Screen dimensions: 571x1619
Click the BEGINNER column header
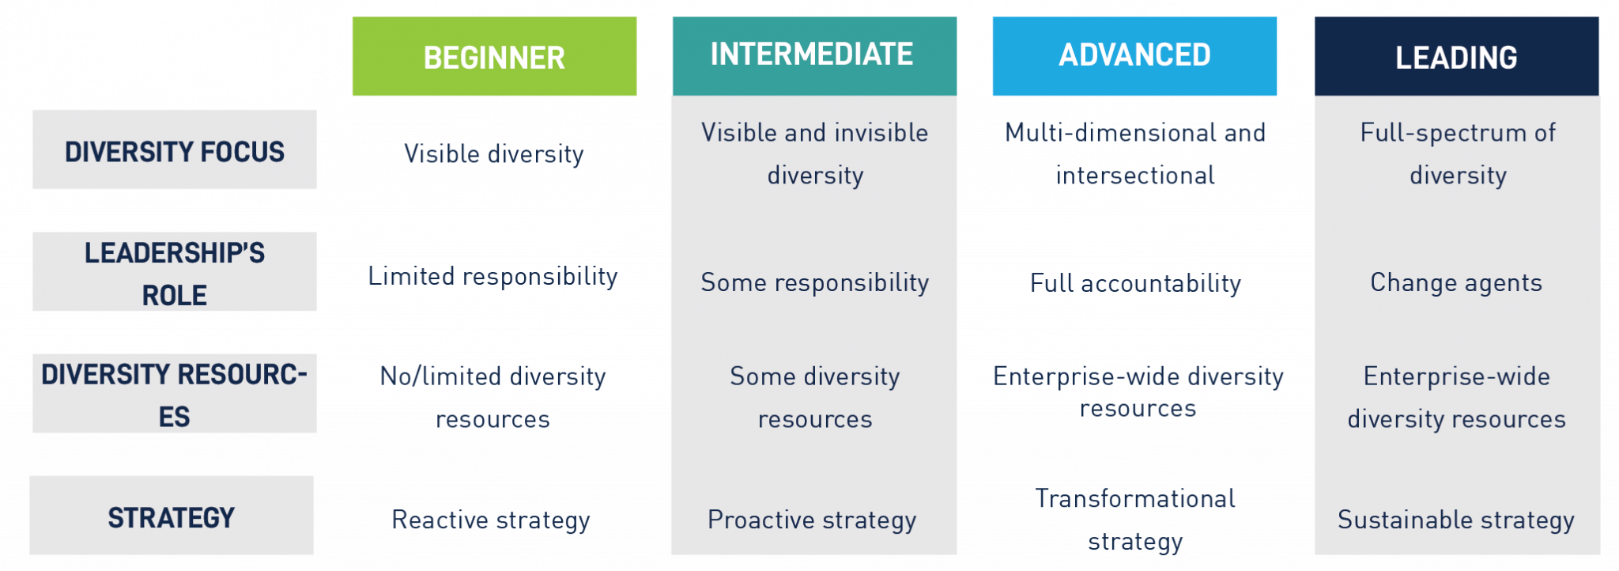pyautogui.click(x=494, y=57)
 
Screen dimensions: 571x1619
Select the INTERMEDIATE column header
pyautogui.click(x=812, y=55)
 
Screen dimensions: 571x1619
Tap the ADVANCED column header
pyautogui.click(x=1134, y=55)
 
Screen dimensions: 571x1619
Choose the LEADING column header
pyautogui.click(x=1456, y=57)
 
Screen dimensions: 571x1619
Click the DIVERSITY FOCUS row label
pyautogui.click(x=174, y=150)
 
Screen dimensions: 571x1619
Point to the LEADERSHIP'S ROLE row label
pyautogui.click(x=174, y=273)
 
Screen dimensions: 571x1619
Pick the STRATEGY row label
pyautogui.click(x=171, y=517)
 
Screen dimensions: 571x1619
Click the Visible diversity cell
pyautogui.click(x=493, y=153)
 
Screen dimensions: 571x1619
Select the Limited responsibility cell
pyautogui.click(x=492, y=277)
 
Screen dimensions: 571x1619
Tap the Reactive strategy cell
pyautogui.click(x=491, y=520)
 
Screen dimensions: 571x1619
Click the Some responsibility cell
pyautogui.click(x=814, y=282)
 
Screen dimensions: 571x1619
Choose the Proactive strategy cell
pyautogui.click(x=812, y=520)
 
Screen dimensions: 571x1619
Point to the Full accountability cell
pyautogui.click(x=1135, y=283)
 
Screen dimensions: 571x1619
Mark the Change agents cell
pyautogui.click(x=1456, y=282)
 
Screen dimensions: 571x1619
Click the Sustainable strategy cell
pyautogui.click(x=1456, y=520)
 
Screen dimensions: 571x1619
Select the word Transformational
pyautogui.click(x=1135, y=498)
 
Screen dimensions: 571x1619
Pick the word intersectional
pyautogui.click(x=1135, y=175)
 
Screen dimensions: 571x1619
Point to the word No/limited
pyautogui.click(x=440, y=376)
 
